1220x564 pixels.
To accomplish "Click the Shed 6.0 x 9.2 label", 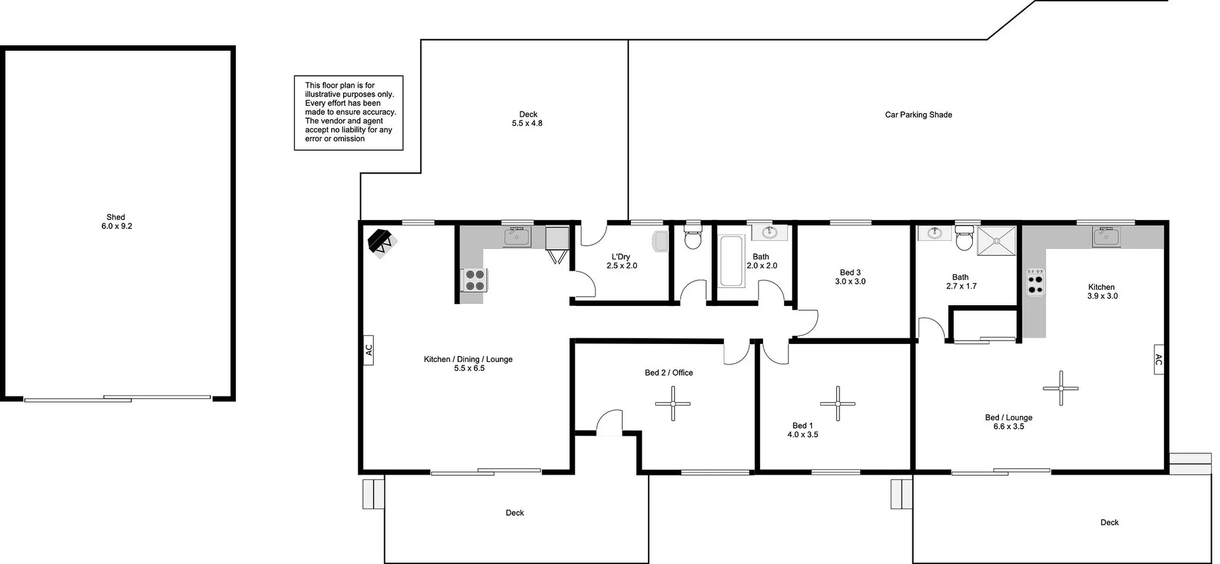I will (116, 221).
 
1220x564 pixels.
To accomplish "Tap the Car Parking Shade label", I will (918, 115).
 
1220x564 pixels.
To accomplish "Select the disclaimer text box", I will (348, 113).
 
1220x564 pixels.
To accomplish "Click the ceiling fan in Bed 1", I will (837, 403).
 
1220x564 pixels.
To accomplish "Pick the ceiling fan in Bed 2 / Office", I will (673, 403).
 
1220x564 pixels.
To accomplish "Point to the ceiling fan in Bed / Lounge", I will (1061, 388).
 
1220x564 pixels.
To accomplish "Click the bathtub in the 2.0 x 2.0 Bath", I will (731, 261).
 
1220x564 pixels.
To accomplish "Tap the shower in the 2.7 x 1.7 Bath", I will (996, 241).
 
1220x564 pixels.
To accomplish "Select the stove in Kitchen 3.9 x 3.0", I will (1035, 282).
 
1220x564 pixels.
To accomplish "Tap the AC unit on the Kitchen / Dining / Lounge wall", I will (369, 350).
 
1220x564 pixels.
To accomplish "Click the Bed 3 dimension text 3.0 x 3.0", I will (850, 282).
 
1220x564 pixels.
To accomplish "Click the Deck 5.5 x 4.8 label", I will (527, 119).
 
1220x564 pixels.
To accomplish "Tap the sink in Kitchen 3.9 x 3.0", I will (1106, 237).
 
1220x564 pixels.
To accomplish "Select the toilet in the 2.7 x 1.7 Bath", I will (964, 238).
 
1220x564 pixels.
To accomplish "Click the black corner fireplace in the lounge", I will (382, 241).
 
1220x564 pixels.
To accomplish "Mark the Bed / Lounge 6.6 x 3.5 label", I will (1008, 422).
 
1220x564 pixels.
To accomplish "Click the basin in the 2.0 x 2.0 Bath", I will (770, 231).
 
